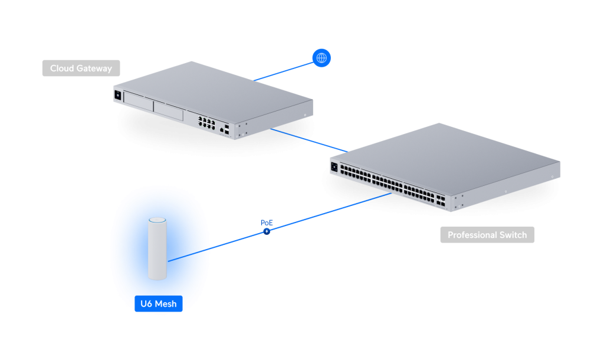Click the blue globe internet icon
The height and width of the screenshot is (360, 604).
point(321,58)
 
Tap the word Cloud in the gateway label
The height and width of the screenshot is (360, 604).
point(62,68)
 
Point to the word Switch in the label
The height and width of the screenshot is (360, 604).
point(514,235)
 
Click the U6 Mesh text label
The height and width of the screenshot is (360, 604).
point(159,305)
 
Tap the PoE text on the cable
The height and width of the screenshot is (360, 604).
point(267,222)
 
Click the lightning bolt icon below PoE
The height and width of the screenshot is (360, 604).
point(267,231)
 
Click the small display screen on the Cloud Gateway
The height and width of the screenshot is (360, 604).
point(118,95)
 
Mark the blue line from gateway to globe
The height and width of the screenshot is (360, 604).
point(283,70)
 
